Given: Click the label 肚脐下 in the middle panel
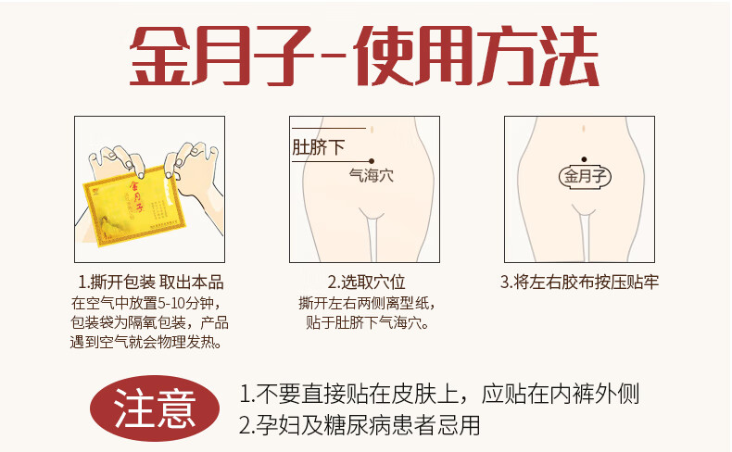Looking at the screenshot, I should (x=318, y=147).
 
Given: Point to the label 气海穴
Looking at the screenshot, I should (x=371, y=174).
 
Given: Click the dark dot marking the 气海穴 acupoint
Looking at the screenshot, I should (x=371, y=160).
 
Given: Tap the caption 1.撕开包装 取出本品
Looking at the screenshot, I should (x=151, y=282).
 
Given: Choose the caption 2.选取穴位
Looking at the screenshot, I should (x=366, y=282).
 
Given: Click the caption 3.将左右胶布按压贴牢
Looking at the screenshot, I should (x=579, y=282).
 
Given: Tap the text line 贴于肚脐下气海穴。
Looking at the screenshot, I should (x=367, y=323).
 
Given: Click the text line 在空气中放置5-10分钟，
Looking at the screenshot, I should (x=148, y=303).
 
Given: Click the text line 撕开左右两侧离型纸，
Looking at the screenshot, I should (x=367, y=303).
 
